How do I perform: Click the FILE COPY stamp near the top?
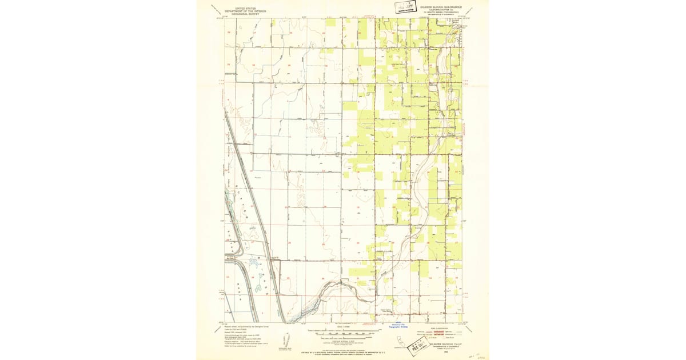(x=406, y=7)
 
